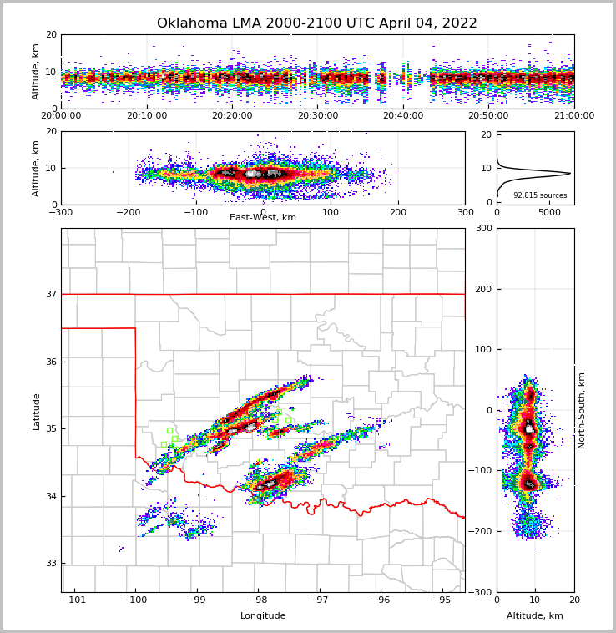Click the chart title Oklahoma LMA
[x=317, y=23]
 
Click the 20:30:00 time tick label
[x=318, y=116]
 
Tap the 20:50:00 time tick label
[x=488, y=116]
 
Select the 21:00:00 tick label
[x=573, y=116]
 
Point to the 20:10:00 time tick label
[x=147, y=116]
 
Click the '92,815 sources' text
[x=540, y=195]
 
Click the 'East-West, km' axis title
[x=263, y=218]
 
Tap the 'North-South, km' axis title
[x=582, y=410]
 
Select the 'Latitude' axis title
[x=37, y=411]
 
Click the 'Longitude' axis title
[x=263, y=616]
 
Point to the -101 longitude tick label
[x=74, y=600]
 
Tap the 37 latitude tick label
[x=50, y=294]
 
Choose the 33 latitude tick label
[x=50, y=563]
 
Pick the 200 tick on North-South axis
[x=482, y=289]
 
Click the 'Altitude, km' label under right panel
[x=535, y=616]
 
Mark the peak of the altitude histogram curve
[x=570, y=174]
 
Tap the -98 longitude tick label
[x=258, y=600]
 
